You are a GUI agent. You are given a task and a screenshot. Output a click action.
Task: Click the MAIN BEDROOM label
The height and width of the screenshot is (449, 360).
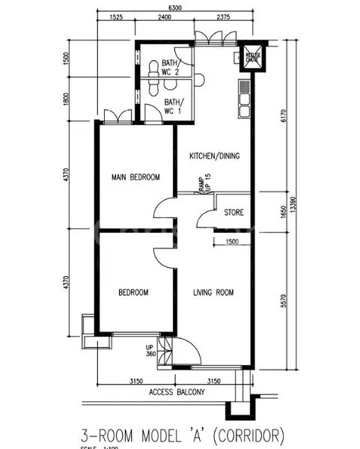[x=135, y=177]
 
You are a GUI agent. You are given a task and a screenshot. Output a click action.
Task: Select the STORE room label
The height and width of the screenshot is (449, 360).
[x=234, y=213]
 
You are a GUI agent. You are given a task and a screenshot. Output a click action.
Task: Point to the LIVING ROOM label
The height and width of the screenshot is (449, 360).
[x=213, y=293]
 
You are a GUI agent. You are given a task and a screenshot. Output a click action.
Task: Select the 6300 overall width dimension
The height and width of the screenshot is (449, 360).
[x=174, y=7]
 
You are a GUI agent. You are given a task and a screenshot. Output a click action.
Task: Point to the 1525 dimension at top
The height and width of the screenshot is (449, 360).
[x=115, y=17]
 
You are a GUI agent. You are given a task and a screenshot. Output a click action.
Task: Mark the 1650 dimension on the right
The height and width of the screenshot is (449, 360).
[x=282, y=212]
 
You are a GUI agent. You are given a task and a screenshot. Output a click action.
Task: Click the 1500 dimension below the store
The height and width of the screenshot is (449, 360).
[x=231, y=242]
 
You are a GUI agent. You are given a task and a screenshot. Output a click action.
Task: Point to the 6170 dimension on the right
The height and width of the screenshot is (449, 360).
[x=282, y=116]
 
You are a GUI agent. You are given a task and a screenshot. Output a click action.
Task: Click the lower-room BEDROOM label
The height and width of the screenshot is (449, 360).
[x=133, y=293]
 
